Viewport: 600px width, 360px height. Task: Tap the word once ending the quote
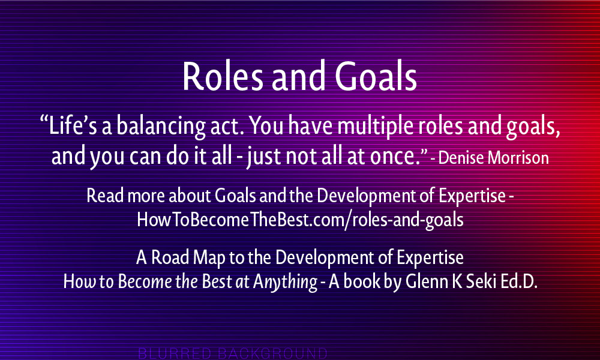[x=398, y=157]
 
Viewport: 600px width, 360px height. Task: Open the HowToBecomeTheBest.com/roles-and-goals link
[x=301, y=220]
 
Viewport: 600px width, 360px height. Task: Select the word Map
[x=209, y=257]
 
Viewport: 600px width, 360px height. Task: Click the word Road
[x=170, y=257]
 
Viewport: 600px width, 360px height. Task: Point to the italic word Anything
[x=285, y=283]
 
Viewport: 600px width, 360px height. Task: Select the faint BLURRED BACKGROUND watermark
[x=233, y=353]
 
